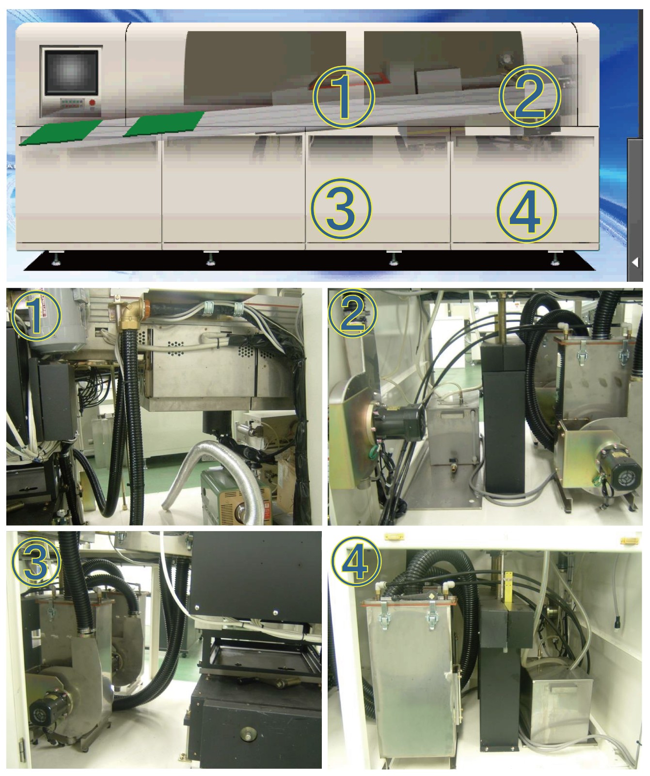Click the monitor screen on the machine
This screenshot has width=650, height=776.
click(x=71, y=72)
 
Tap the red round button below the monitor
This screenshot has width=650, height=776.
click(x=93, y=103)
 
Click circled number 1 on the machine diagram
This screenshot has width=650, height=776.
click(x=343, y=97)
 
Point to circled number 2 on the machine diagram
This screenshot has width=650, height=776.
click(x=529, y=95)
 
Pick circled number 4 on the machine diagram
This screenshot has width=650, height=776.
click(x=526, y=211)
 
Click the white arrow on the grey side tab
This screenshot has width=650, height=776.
click(x=635, y=262)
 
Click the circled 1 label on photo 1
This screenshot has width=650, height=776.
click(x=35, y=315)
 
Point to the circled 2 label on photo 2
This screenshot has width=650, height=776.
click(x=353, y=314)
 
